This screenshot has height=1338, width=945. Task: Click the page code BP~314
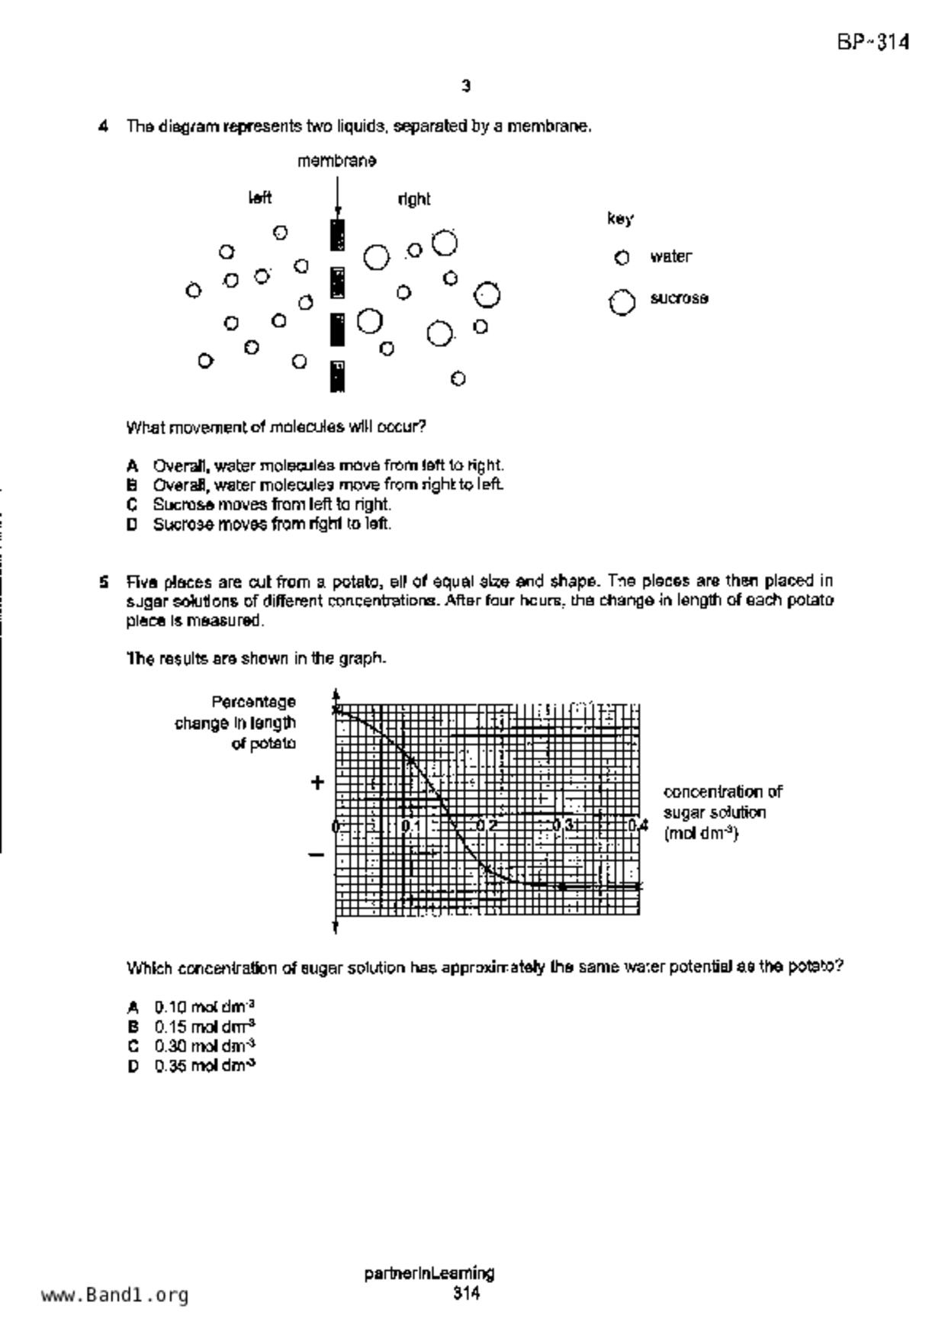873,43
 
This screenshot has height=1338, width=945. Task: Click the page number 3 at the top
466,86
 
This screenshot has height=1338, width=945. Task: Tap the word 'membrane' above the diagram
336,161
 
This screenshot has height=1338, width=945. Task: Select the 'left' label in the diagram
260,198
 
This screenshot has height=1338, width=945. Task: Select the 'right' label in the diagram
414,200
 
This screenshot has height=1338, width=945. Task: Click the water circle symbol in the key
622,258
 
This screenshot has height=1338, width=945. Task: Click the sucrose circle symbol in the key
622,302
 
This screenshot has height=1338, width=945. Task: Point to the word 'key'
619,220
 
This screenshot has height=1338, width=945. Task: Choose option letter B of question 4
132,485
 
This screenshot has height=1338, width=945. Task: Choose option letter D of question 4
132,525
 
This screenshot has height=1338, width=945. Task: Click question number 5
103,582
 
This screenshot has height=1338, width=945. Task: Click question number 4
103,127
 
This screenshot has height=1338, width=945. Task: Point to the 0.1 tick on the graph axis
410,825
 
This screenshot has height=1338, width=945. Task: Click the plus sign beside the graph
317,782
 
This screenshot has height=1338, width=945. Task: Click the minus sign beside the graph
317,855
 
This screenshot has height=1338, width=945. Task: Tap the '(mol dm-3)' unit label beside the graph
701,833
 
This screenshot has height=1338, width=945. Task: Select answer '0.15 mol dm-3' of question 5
204,1027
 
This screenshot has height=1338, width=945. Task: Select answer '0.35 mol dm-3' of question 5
204,1066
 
